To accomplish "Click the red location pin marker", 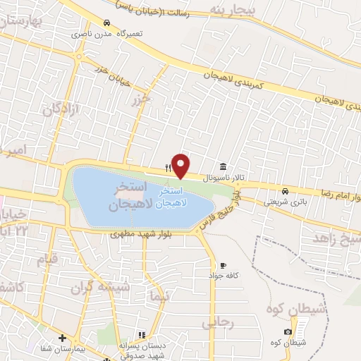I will pyautogui.click(x=181, y=166).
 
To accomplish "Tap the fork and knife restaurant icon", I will pyautogui.click(x=167, y=168).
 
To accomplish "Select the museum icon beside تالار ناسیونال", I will pyautogui.click(x=224, y=166).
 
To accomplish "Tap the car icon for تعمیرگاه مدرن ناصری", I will pyautogui.click(x=106, y=22).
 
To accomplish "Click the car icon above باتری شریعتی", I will pyautogui.click(x=284, y=191).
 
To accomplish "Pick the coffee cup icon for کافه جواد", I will pyautogui.click(x=224, y=265).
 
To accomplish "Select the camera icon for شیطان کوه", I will pyautogui.click(x=288, y=332).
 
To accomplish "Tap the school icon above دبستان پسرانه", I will pyautogui.click(x=141, y=334).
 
